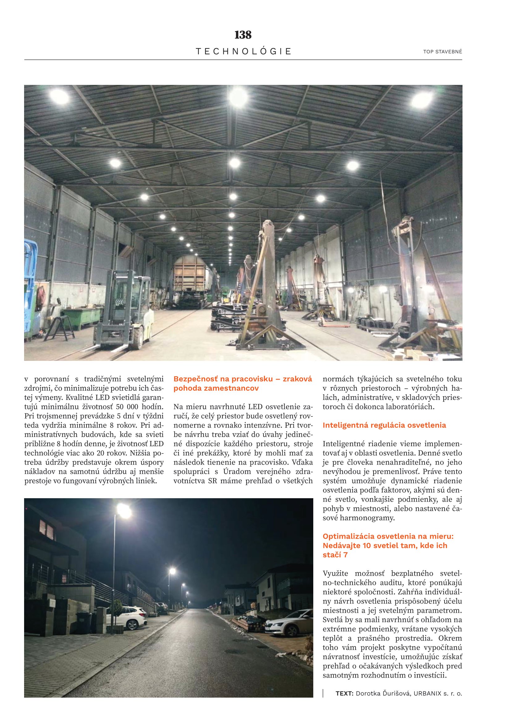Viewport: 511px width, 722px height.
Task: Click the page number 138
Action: click(243, 35)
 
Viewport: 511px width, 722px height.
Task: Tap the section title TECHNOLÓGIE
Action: click(243, 52)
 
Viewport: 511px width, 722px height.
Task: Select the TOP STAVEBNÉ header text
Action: click(442, 52)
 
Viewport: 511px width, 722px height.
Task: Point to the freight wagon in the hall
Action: click(189, 280)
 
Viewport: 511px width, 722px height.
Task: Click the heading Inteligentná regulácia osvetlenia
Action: click(384, 425)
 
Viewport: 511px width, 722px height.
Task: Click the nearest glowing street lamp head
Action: click(124, 511)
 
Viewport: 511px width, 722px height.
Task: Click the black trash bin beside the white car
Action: click(84, 621)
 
